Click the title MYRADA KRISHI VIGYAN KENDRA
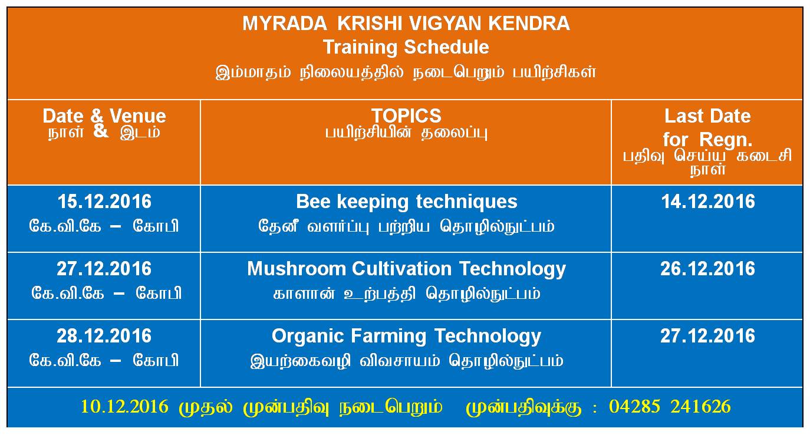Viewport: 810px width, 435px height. point(406,24)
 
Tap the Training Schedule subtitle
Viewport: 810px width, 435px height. point(406,47)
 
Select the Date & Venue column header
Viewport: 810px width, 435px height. point(104,116)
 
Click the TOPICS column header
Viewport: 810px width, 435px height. point(406,116)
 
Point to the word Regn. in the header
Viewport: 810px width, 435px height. point(726,140)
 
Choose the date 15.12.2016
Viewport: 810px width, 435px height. point(104,202)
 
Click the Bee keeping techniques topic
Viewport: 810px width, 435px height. point(406,202)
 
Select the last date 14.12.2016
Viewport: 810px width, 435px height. point(708,202)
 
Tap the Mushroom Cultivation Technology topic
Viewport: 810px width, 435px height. point(406,269)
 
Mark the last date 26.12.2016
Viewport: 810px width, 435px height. point(707,269)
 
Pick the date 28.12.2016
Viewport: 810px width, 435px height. point(104,336)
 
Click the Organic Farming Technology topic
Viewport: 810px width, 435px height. point(406,337)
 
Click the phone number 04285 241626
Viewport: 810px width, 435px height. point(670,406)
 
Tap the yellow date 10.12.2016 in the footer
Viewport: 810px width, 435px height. point(124,406)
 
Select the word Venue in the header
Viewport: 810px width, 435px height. point(138,116)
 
